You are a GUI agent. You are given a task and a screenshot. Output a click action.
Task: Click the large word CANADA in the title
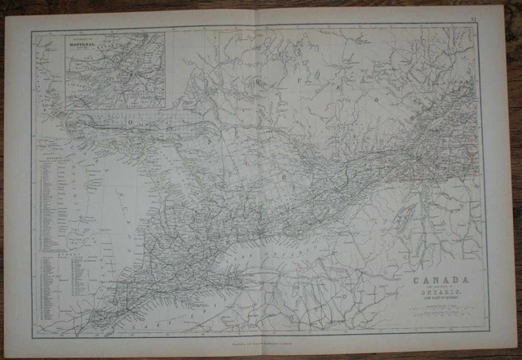pos(434,278)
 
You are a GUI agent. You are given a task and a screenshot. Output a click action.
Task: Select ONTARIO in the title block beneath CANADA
pos(435,291)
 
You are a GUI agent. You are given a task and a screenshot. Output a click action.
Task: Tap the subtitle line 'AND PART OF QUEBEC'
pos(435,297)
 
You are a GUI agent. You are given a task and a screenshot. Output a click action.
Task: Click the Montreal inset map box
pos(114,70)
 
